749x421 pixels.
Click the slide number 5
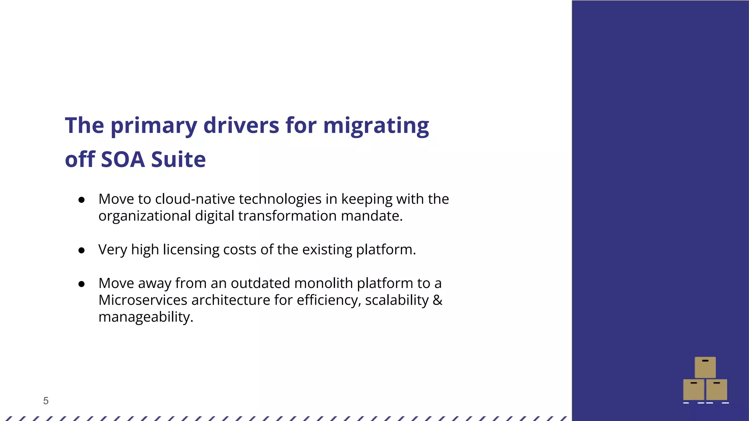tap(46, 401)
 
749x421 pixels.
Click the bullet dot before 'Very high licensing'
tap(82, 250)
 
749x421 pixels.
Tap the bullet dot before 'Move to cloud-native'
tap(82, 200)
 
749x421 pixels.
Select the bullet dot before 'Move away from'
tap(82, 284)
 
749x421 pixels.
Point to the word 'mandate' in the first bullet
tap(371, 216)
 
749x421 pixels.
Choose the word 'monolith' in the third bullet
tap(323, 283)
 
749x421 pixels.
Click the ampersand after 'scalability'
tap(437, 300)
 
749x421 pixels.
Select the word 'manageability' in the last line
tap(145, 317)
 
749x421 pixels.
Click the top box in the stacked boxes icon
tap(705, 367)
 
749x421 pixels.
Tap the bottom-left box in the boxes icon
tap(693, 390)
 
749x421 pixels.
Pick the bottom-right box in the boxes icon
tap(716, 390)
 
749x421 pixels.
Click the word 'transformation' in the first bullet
tap(287, 216)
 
